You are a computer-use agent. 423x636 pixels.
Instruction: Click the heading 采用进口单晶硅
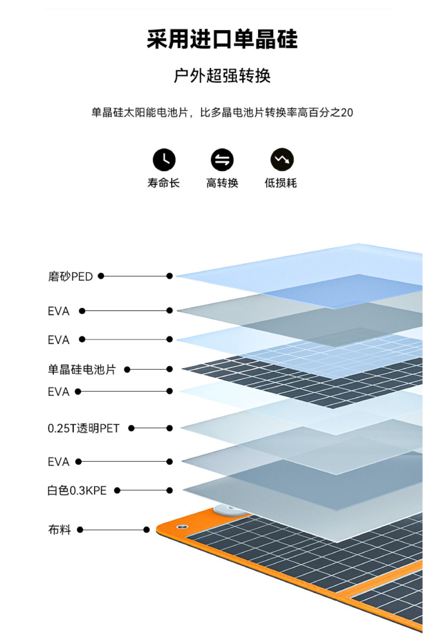[222, 39]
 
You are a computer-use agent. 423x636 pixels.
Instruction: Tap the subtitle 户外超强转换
[222, 76]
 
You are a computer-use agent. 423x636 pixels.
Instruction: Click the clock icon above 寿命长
[164, 160]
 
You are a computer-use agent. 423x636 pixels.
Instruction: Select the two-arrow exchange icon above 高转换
[222, 160]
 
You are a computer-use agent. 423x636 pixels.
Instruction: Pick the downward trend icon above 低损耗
[282, 160]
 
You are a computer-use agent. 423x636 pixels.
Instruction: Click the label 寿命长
[163, 183]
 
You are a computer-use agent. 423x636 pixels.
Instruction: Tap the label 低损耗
[280, 183]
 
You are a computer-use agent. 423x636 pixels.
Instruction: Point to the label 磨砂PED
[70, 276]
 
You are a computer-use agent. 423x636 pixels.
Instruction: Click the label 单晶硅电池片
[82, 369]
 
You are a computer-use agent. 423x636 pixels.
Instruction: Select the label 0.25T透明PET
[83, 428]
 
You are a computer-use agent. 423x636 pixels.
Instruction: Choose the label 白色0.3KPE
[77, 490]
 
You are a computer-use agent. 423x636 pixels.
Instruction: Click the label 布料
[59, 530]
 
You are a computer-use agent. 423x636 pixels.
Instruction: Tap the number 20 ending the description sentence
[347, 113]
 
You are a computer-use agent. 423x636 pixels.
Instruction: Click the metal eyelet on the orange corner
[182, 526]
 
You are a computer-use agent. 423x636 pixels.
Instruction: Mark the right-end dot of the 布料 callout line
[147, 530]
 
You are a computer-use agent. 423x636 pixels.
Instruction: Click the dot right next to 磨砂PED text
[101, 276]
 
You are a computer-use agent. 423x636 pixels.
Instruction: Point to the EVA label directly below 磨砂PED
[59, 311]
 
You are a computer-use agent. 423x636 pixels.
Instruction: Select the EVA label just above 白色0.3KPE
[59, 462]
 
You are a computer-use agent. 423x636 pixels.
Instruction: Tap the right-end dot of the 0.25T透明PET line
[169, 428]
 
